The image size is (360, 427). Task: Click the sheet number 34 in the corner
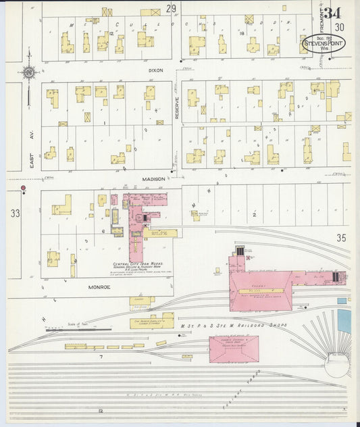[x=332, y=13]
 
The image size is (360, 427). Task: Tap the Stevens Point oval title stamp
[x=324, y=44]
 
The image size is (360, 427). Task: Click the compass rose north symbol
[x=28, y=72]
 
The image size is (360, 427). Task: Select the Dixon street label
[x=156, y=70]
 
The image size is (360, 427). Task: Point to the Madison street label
[x=154, y=179]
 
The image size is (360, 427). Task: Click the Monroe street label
[x=100, y=286]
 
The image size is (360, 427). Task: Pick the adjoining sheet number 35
[x=340, y=237]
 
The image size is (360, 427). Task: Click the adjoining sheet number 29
[x=172, y=8]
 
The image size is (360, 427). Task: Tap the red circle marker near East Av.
[x=23, y=188]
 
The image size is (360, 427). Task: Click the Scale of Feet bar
[x=78, y=328]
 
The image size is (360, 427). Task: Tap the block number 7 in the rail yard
[x=101, y=356]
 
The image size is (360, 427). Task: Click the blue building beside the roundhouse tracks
[x=344, y=321]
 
